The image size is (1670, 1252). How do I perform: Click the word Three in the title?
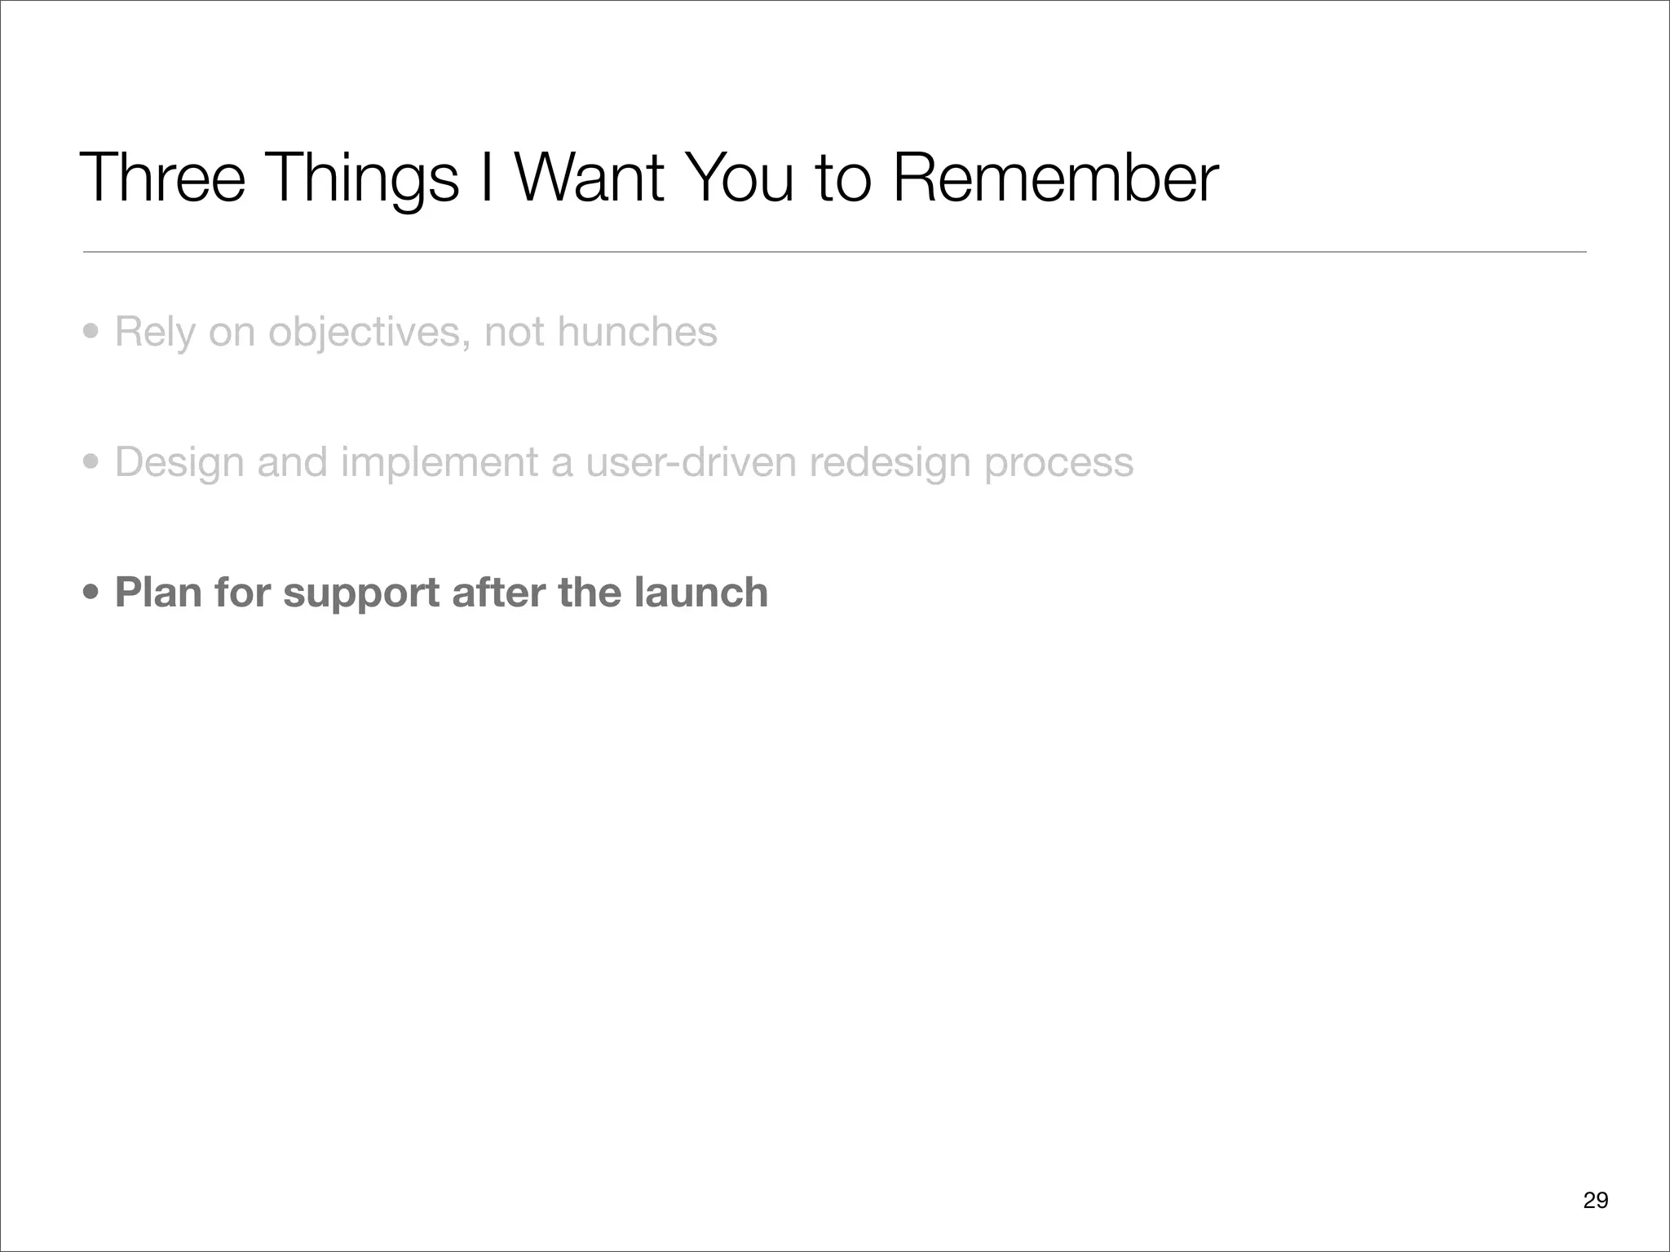point(162,178)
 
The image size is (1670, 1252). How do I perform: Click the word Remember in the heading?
point(1055,178)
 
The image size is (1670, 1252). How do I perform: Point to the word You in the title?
point(740,178)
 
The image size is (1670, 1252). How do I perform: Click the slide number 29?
point(1595,1200)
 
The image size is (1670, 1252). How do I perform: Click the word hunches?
point(637,332)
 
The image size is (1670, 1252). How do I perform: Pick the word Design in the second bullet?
point(179,462)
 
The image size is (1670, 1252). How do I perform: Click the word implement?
point(440,462)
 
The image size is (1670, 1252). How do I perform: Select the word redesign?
point(890,463)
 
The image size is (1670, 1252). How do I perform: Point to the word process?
point(1058,463)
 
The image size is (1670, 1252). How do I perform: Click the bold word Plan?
point(158,593)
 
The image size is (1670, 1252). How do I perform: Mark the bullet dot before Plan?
point(91,593)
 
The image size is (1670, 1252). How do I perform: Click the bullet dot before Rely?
point(91,333)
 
